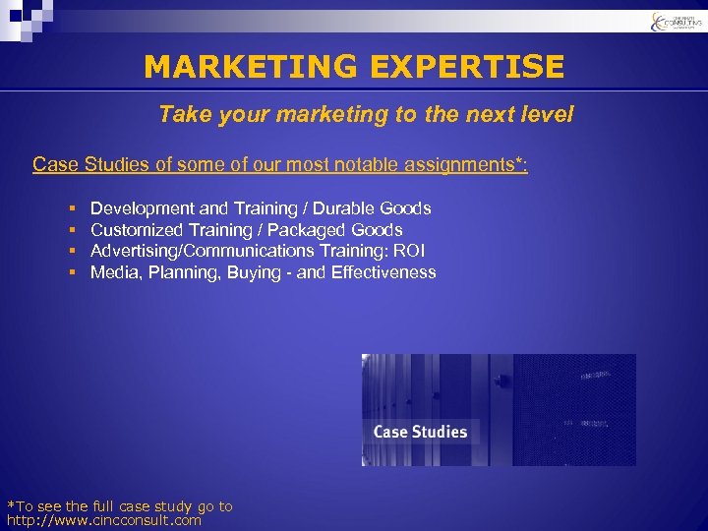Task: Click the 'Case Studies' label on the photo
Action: coord(420,432)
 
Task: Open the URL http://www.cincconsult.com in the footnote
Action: coord(104,520)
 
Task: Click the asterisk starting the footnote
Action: coord(10,505)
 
